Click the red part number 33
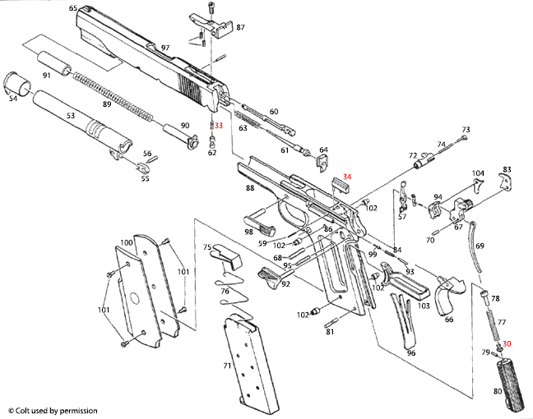(x=219, y=125)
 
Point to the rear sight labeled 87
(x=216, y=24)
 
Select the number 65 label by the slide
(x=73, y=8)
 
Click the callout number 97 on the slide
(x=165, y=48)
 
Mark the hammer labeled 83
(x=504, y=182)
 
